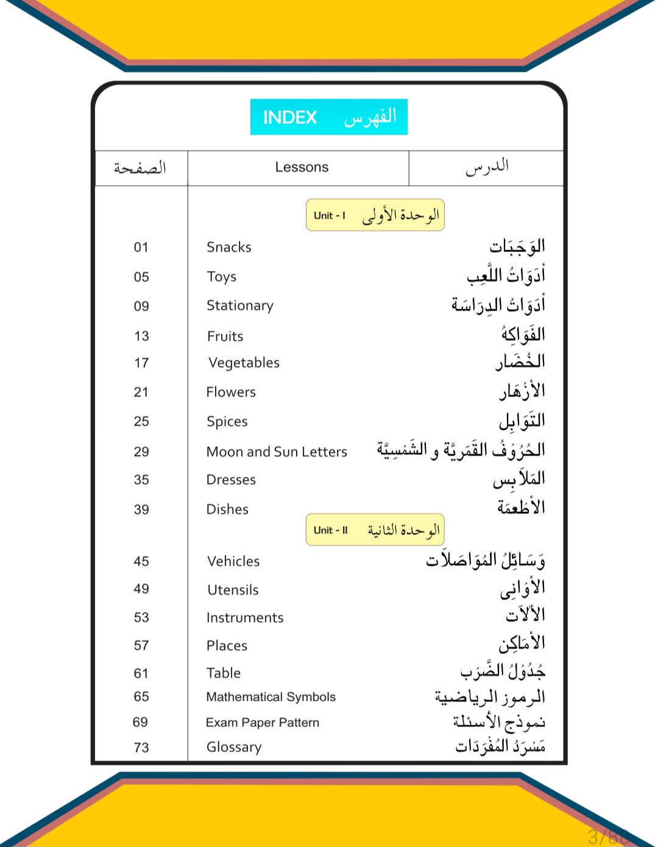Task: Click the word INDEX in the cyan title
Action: [290, 117]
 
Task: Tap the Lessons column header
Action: [302, 167]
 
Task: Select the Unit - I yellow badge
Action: [375, 215]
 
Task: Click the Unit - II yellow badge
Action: [375, 530]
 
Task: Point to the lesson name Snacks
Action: [229, 247]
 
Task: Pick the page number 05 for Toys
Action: [141, 277]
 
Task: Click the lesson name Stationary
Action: [240, 306]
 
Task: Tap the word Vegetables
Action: [244, 363]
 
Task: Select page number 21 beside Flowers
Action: [141, 392]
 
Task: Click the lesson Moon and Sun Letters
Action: [277, 452]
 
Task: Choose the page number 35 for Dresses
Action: [141, 480]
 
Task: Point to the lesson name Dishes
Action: [227, 509]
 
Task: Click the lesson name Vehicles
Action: [233, 561]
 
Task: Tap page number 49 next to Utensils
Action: [141, 589]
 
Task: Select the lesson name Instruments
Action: [245, 618]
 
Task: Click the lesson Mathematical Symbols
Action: [271, 697]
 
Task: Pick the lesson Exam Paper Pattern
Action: [263, 723]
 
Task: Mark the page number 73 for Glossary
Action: [141, 748]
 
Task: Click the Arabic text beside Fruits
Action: [523, 334]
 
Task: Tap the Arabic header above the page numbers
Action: [140, 167]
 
